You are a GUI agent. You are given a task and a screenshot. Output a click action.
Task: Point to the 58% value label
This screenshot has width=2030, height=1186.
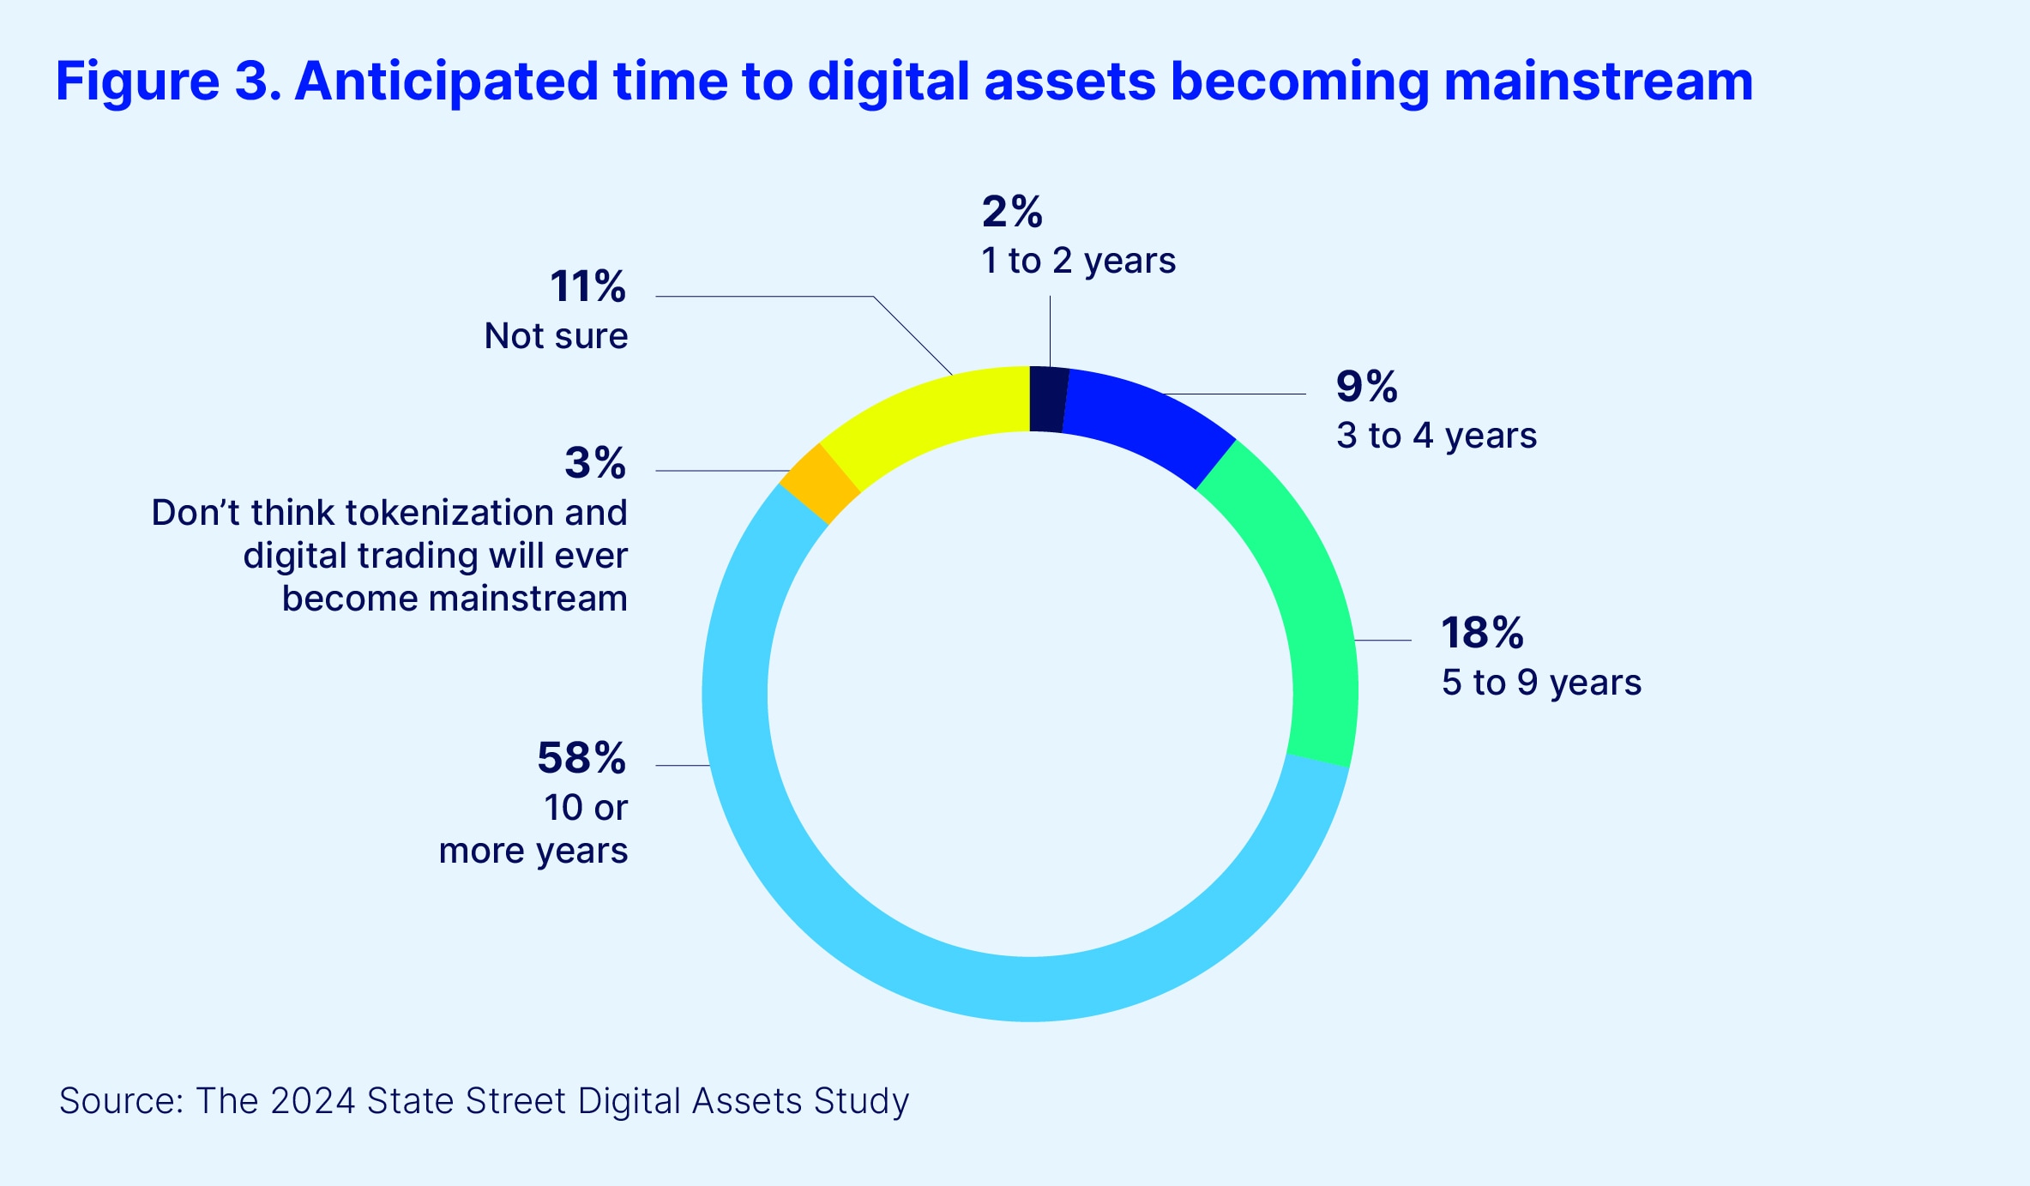581,758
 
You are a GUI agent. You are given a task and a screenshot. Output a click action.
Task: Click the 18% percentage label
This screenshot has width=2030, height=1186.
1482,633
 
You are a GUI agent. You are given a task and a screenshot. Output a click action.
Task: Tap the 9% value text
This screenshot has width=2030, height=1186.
1366,386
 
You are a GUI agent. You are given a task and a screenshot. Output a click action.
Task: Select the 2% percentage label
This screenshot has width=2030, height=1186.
1012,211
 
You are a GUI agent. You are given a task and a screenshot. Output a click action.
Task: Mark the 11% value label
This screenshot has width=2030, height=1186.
587,286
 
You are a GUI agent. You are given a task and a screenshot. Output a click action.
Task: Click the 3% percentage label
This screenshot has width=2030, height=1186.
595,463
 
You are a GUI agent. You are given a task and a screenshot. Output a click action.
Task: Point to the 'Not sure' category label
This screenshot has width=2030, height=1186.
556,336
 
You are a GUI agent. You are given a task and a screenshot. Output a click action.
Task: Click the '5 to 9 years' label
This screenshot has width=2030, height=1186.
1541,683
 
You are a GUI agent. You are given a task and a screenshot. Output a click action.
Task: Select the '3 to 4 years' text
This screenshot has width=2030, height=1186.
1437,436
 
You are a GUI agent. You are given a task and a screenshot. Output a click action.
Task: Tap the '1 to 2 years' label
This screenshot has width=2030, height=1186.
1078,261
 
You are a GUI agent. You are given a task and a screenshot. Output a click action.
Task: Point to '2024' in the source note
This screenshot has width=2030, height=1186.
312,1101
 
